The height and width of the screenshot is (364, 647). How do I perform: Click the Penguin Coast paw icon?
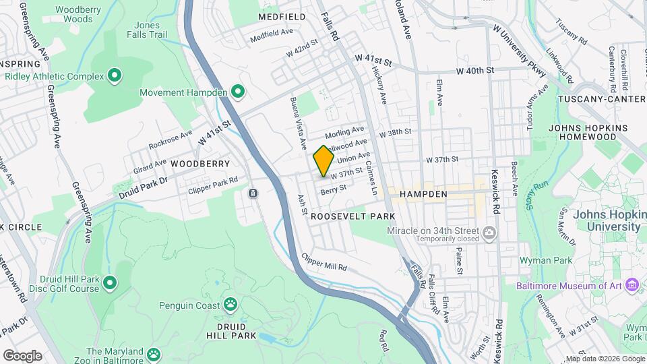pyautogui.click(x=230, y=305)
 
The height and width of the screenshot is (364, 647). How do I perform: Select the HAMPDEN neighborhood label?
pyautogui.click(x=423, y=194)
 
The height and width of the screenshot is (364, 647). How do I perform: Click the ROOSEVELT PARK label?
pyautogui.click(x=352, y=216)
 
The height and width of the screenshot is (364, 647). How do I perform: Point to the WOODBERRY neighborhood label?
pyautogui.click(x=200, y=164)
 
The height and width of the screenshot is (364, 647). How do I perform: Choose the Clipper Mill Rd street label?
pyautogui.click(x=325, y=263)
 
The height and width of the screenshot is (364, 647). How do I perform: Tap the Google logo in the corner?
pyautogui.click(x=22, y=355)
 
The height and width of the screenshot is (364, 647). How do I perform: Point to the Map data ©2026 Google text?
pyautogui.click(x=605, y=359)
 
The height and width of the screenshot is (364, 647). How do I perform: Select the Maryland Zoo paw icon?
pyautogui.click(x=154, y=353)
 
